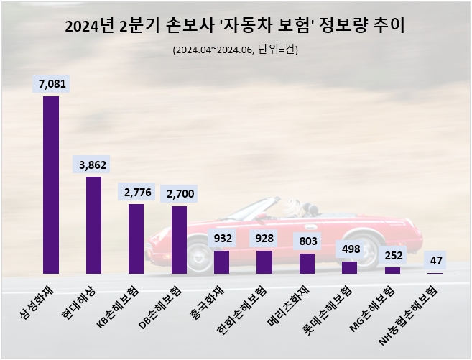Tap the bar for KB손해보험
pos(136,239)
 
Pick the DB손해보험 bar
pos(179,240)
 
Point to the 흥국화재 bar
pos(221,262)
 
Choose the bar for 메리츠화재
pos(307,264)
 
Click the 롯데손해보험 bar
pos(349,267)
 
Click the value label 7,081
pos(51,84)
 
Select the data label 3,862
pos(93,165)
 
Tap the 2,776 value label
pos(136,192)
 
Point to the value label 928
pos(264,238)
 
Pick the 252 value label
pos(392,254)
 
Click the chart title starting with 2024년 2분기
pos(235,27)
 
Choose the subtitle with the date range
pos(235,50)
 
